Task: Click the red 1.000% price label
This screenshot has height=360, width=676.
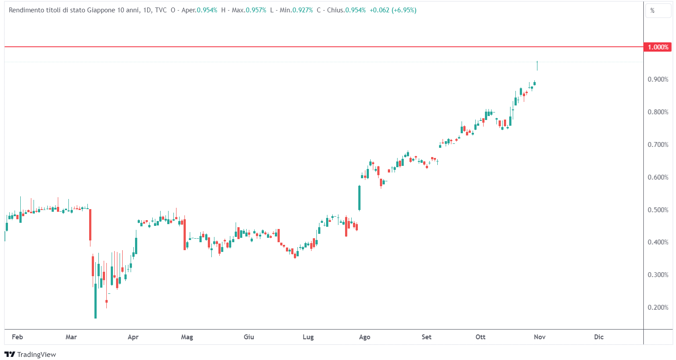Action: (x=657, y=47)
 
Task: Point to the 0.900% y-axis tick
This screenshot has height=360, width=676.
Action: (x=657, y=79)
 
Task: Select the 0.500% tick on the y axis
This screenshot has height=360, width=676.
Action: (x=657, y=210)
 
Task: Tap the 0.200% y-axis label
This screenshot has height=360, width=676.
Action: (x=657, y=307)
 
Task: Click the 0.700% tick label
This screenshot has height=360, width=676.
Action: (x=657, y=145)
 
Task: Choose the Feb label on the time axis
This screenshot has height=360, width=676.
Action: (x=17, y=337)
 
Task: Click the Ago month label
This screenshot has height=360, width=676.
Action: (x=364, y=337)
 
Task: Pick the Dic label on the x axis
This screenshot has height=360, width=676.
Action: (x=598, y=337)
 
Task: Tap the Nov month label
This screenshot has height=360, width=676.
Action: (x=539, y=337)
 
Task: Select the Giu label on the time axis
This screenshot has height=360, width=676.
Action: (x=249, y=337)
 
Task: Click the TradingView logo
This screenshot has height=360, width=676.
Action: (x=30, y=354)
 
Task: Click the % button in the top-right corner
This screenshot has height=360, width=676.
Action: (x=653, y=11)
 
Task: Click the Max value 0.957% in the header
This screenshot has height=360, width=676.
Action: (x=256, y=10)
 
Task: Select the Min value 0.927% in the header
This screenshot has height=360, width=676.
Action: (x=303, y=10)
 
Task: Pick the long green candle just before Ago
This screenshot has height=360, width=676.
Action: (x=359, y=198)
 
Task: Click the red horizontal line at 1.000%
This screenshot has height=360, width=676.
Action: (x=309, y=47)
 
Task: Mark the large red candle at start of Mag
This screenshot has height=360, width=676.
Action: (x=184, y=234)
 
